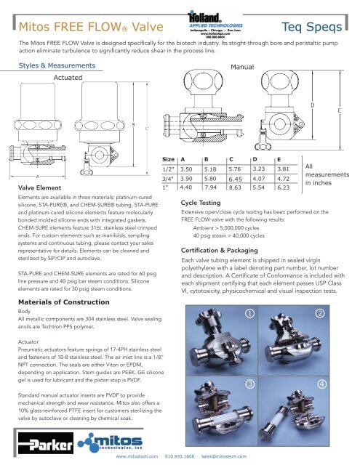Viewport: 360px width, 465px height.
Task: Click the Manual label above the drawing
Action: coord(240,66)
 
